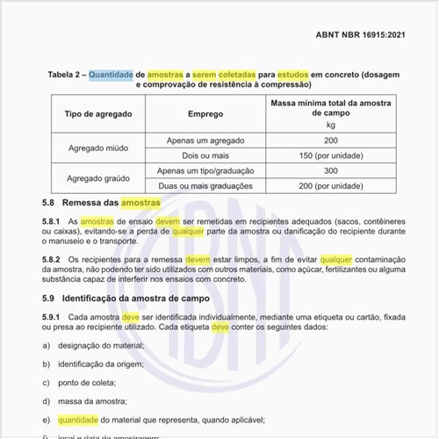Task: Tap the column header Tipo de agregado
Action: click(99, 115)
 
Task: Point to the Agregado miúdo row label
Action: click(99, 148)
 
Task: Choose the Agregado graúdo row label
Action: click(99, 178)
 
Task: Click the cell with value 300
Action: click(331, 170)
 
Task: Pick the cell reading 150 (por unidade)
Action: click(331, 155)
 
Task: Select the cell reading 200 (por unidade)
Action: click(331, 185)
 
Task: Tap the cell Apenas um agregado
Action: click(205, 140)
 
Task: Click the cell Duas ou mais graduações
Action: click(205, 185)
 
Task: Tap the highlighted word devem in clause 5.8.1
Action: click(168, 222)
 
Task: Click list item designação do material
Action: click(100, 346)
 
